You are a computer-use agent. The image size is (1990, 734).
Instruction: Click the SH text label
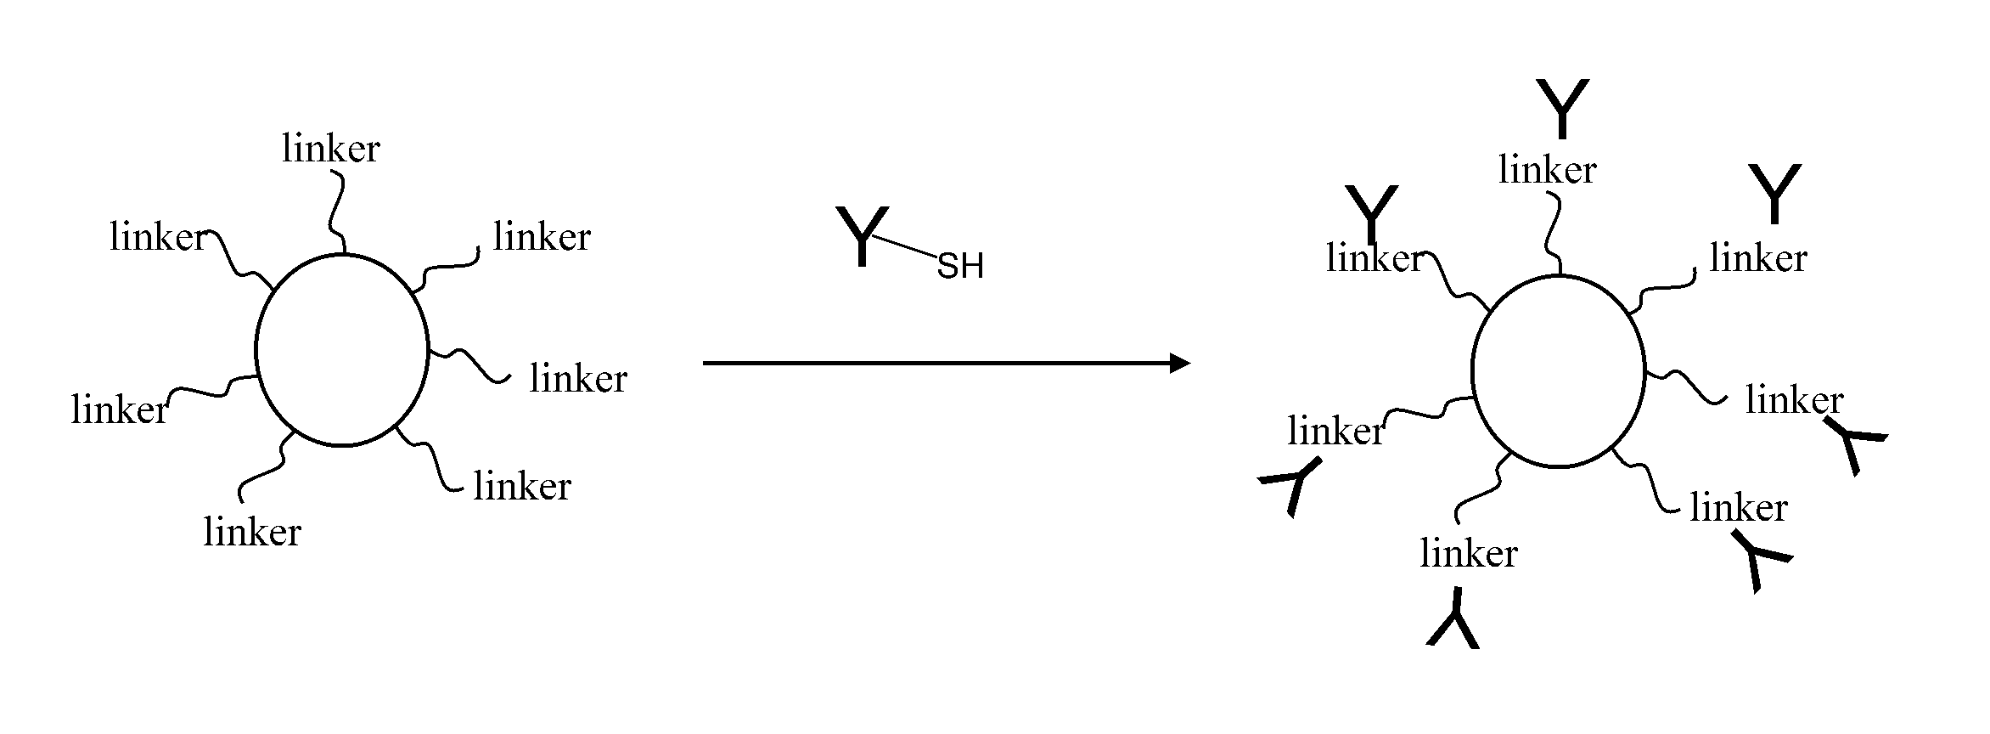pos(959,267)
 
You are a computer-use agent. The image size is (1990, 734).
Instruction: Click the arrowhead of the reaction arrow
pos(1180,363)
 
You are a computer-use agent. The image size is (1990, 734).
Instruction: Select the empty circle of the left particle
pos(342,349)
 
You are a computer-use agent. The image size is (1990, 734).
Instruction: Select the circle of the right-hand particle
pos(1558,371)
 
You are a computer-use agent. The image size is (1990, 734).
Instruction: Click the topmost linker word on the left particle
pos(330,149)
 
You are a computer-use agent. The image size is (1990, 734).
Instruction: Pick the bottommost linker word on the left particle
pos(252,533)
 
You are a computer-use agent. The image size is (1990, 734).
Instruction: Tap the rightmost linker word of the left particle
pos(578,379)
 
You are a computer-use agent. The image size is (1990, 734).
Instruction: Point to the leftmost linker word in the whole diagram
pos(120,410)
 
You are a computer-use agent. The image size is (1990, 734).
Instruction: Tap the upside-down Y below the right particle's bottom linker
pos(1453,619)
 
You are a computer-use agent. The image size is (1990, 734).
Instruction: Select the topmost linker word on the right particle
pos(1547,170)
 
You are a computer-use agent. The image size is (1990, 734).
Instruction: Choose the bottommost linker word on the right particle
pos(1468,554)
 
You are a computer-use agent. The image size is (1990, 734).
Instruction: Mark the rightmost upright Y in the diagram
pos(1774,194)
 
